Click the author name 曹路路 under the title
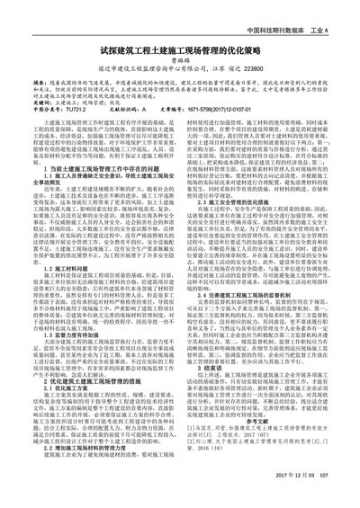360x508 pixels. (x=180, y=65)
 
